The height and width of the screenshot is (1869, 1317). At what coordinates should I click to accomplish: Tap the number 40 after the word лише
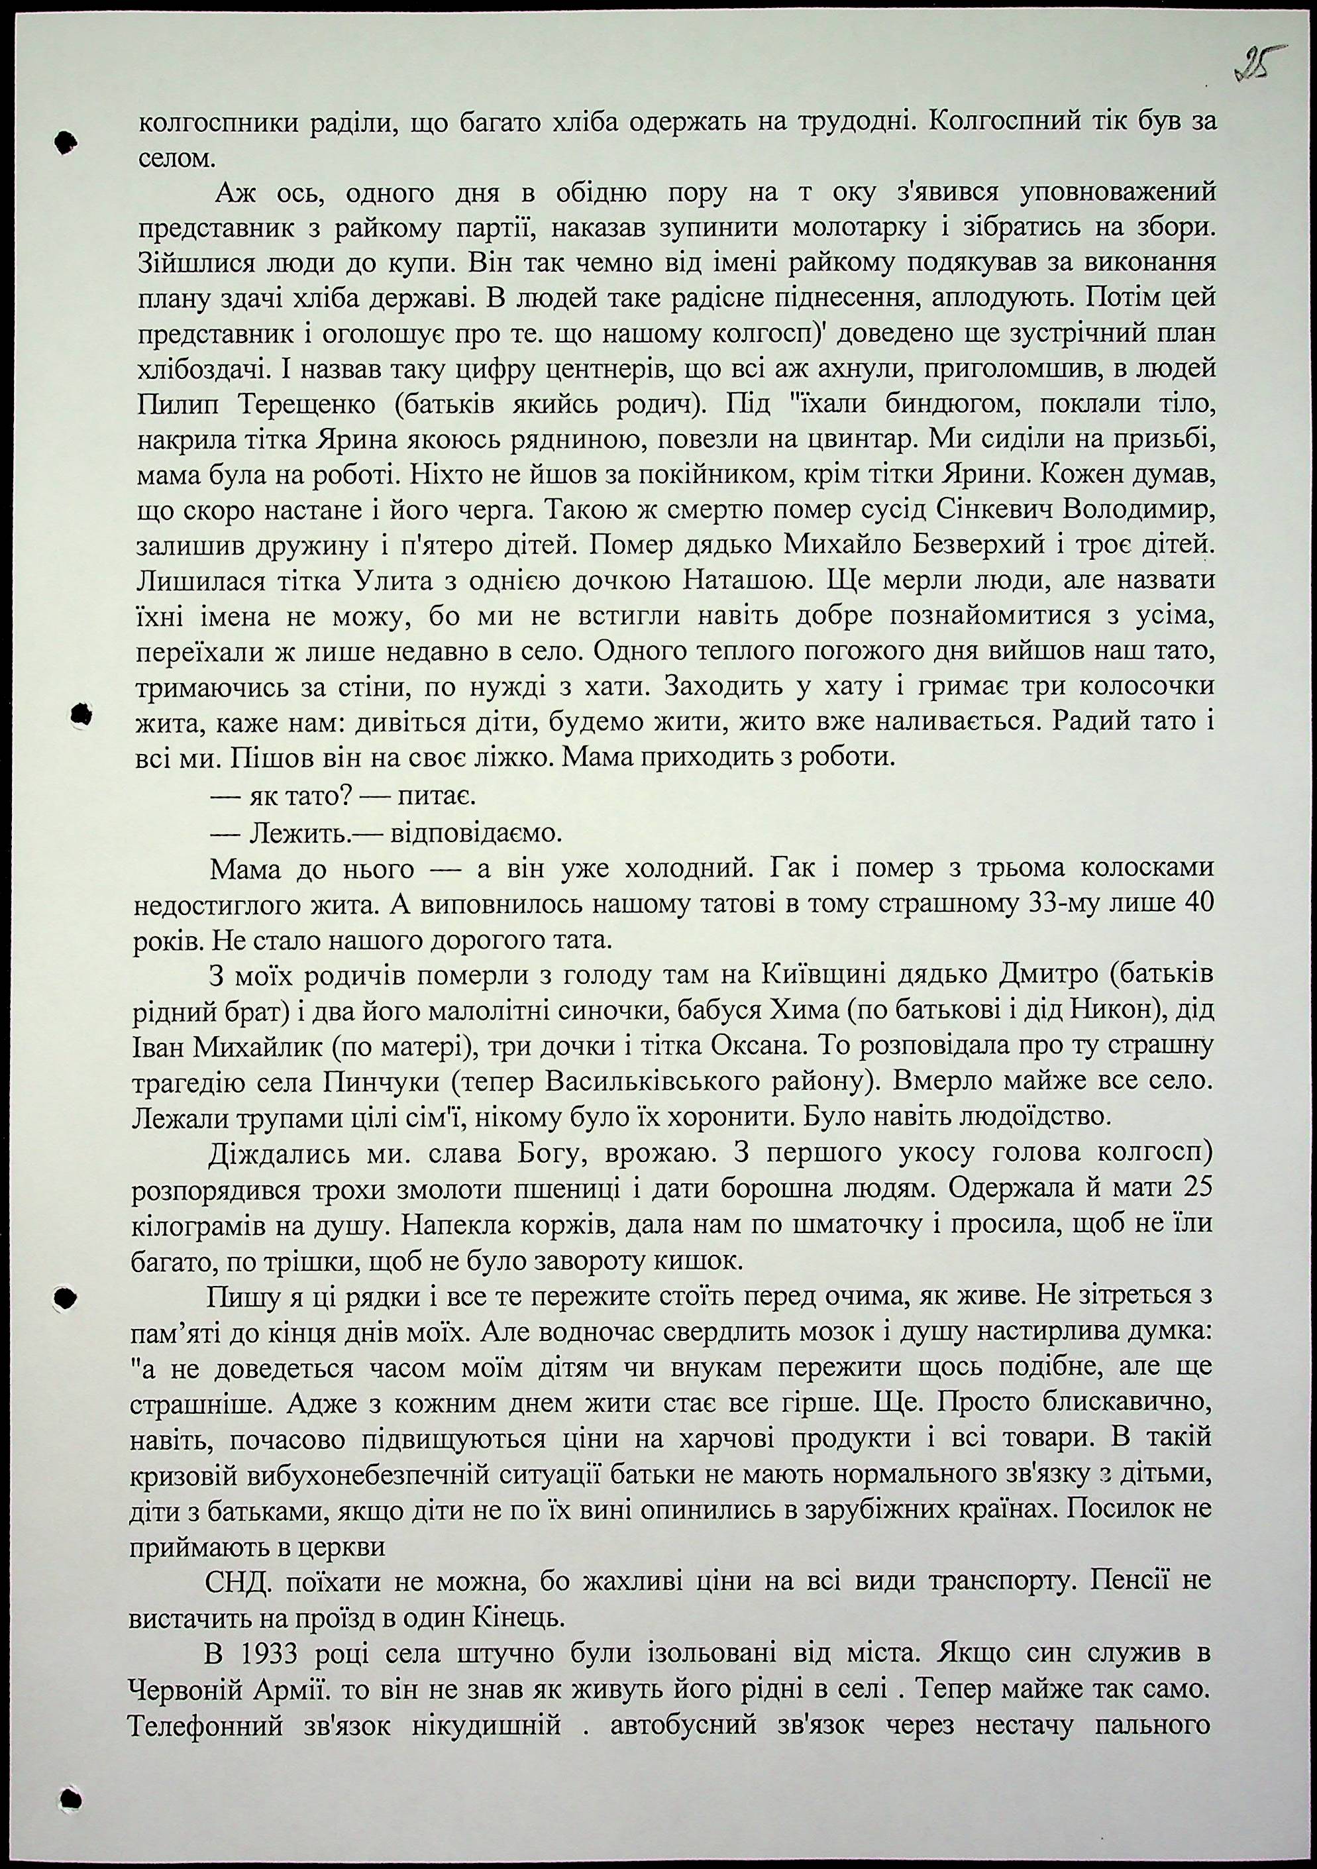pos(1193,904)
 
